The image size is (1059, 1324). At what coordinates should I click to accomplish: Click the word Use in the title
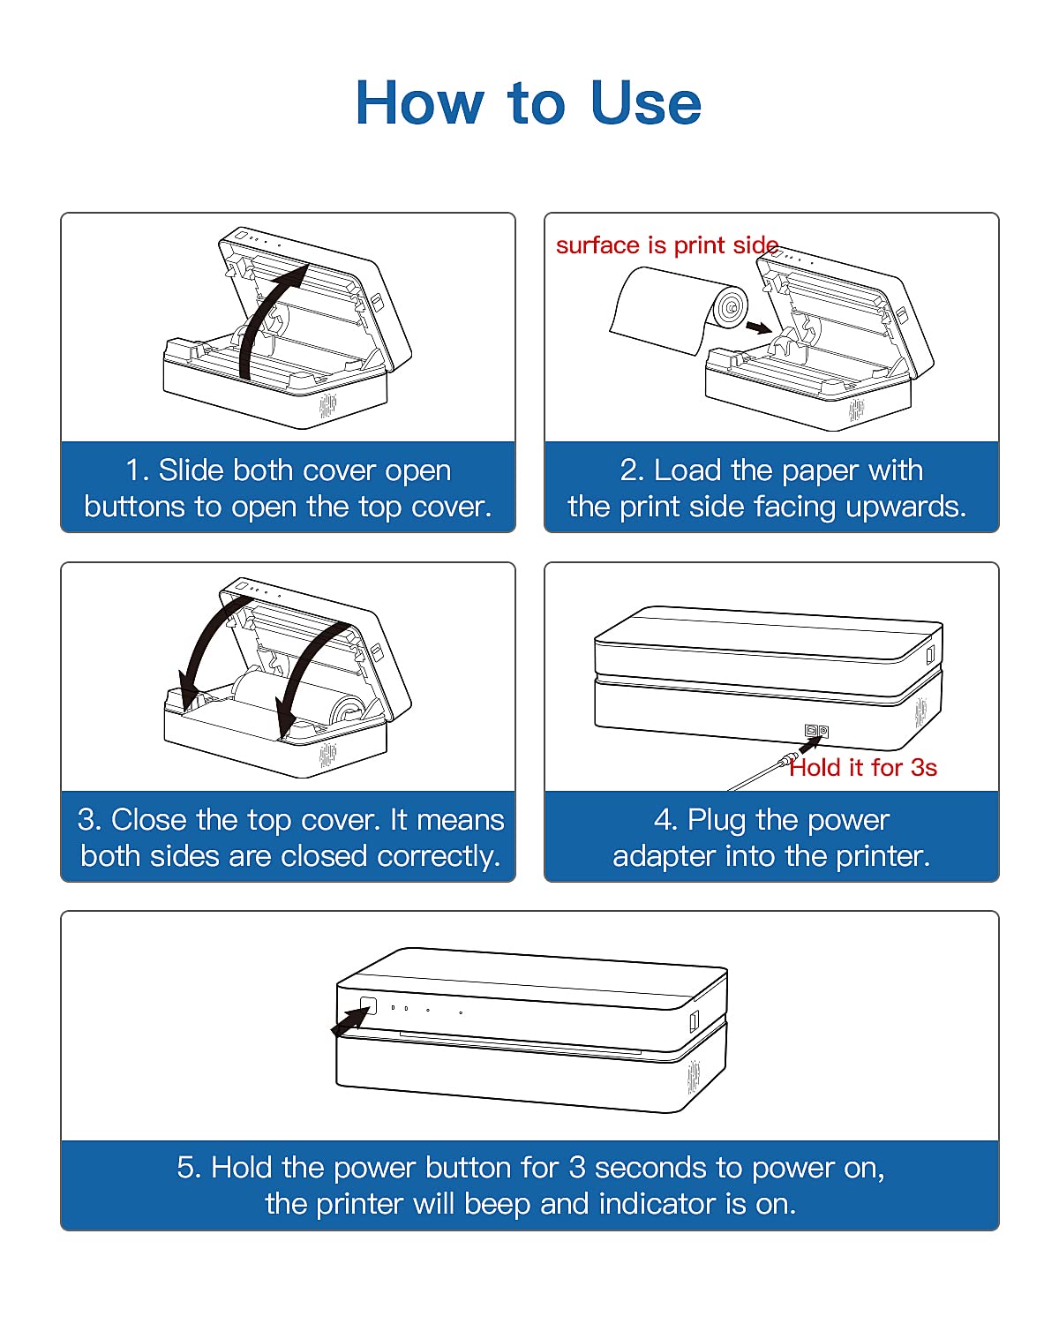point(645,102)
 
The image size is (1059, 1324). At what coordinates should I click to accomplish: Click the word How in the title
point(420,102)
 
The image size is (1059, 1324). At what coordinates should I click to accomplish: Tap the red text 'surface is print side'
point(667,245)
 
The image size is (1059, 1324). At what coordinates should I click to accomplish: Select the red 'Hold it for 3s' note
point(863,768)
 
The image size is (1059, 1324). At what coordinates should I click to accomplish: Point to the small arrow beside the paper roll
point(758,327)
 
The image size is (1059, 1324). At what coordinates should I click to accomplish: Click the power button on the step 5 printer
point(368,1006)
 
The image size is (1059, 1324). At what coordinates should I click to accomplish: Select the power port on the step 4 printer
point(816,730)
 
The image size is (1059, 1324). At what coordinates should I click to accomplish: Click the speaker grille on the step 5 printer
point(694,1077)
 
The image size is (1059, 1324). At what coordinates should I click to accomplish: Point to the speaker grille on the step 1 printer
point(328,405)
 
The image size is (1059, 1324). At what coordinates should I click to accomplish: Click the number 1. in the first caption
point(137,470)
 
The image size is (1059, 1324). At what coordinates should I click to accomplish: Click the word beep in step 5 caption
point(497,1205)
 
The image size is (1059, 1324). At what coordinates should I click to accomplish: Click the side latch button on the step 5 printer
point(695,1022)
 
